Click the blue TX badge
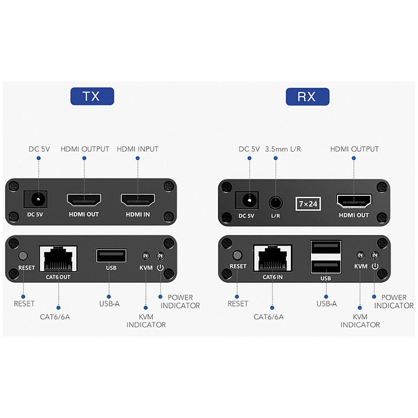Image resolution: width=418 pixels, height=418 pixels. pyautogui.click(x=92, y=96)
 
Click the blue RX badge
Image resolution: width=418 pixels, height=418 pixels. pyautogui.click(x=307, y=97)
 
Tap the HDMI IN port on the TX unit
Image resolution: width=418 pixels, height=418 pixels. pyautogui.click(x=138, y=200)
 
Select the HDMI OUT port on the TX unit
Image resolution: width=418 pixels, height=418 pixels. pyautogui.click(x=84, y=200)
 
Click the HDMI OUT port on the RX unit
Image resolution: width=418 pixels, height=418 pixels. pyautogui.click(x=354, y=201)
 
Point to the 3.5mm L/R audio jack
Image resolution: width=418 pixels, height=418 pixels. pyautogui.click(x=275, y=203)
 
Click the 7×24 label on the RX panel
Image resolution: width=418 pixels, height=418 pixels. pyautogui.click(x=308, y=204)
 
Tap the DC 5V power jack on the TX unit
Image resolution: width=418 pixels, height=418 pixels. pyautogui.click(x=36, y=200)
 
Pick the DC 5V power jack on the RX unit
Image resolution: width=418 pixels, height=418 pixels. pyautogui.click(x=247, y=200)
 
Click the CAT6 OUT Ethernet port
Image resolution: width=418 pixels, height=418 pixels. pyautogui.click(x=58, y=259)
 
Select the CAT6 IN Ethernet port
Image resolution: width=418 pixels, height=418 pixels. pyautogui.click(x=272, y=258)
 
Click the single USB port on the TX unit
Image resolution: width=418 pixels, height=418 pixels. pyautogui.click(x=111, y=256)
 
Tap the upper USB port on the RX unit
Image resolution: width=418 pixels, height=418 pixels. pyautogui.click(x=326, y=248)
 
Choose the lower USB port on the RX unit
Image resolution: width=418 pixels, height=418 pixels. pyautogui.click(x=326, y=266)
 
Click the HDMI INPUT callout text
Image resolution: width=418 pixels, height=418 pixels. pyautogui.click(x=137, y=149)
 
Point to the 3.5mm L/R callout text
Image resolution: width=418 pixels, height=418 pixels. pyautogui.click(x=283, y=149)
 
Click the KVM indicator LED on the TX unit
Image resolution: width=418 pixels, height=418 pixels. pyautogui.click(x=145, y=256)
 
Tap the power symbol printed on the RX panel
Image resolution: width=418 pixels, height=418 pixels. pyautogui.click(x=375, y=266)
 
